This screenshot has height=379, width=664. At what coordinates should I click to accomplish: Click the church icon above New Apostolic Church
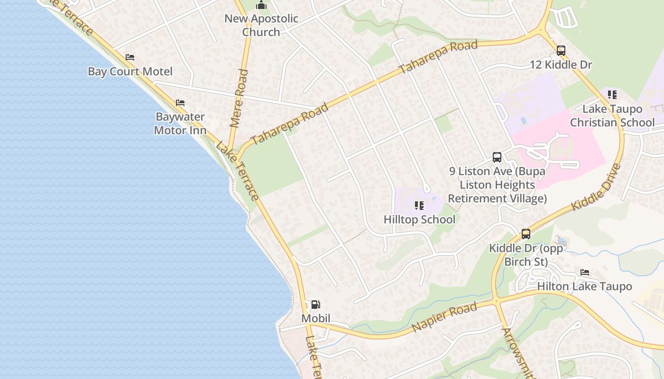261,6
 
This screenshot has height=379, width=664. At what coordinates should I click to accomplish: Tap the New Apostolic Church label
261,26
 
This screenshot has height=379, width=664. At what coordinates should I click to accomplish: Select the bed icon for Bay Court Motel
130,57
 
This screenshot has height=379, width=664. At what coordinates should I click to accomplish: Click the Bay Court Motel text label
130,72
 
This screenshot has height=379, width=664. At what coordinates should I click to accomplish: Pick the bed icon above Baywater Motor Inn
180,102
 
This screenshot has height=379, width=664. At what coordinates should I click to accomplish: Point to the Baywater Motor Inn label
180,123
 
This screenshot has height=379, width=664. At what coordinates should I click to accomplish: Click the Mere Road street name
239,99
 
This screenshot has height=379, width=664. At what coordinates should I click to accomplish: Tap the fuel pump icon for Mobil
315,305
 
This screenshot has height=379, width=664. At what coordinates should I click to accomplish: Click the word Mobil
316,318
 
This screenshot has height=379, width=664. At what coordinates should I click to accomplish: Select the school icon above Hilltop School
419,206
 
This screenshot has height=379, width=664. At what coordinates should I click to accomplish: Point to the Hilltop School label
419,219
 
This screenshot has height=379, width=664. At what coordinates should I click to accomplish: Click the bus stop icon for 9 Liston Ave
497,157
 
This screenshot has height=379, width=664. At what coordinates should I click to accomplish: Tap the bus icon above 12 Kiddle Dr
561,51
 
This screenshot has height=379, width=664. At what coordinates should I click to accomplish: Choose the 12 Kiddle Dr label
561,64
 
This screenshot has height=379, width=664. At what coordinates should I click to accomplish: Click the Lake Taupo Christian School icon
612,95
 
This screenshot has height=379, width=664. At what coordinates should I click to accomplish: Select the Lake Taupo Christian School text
612,116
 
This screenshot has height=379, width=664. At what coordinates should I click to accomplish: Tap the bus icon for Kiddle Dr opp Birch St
526,234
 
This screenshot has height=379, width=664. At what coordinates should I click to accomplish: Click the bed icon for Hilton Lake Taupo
585,272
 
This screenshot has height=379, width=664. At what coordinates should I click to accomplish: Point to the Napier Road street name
444,317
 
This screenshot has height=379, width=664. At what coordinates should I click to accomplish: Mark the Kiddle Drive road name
596,188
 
